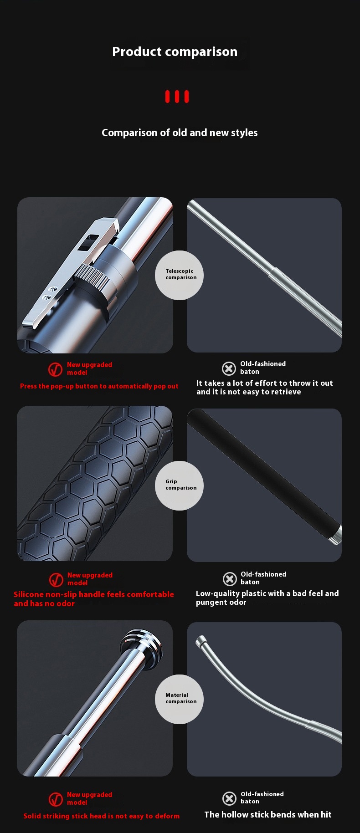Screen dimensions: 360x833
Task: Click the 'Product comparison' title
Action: [175, 52]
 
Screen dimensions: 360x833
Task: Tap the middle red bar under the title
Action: [177, 97]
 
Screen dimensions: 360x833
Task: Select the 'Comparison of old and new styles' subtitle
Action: [180, 133]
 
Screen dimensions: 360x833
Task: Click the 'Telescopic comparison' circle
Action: [180, 275]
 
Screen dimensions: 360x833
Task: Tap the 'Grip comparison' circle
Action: [180, 485]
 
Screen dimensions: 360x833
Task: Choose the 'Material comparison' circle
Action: [180, 699]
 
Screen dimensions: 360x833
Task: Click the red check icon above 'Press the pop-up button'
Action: [56, 369]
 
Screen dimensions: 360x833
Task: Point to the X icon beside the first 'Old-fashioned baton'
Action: [229, 368]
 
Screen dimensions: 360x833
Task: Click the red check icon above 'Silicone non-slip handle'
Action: [56, 579]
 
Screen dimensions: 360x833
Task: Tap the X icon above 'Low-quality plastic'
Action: [230, 579]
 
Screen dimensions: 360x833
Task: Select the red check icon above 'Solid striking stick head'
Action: [56, 799]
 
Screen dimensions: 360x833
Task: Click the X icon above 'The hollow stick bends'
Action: [229, 798]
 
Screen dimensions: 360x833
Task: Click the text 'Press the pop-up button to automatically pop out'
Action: [99, 386]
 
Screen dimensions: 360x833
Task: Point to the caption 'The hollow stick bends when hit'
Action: [268, 815]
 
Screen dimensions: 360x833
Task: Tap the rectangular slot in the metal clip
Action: [86, 243]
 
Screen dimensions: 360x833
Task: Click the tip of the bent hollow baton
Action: [199, 641]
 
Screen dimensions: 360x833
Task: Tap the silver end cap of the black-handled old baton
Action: [335, 534]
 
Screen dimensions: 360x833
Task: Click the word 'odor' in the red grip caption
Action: [66, 603]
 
